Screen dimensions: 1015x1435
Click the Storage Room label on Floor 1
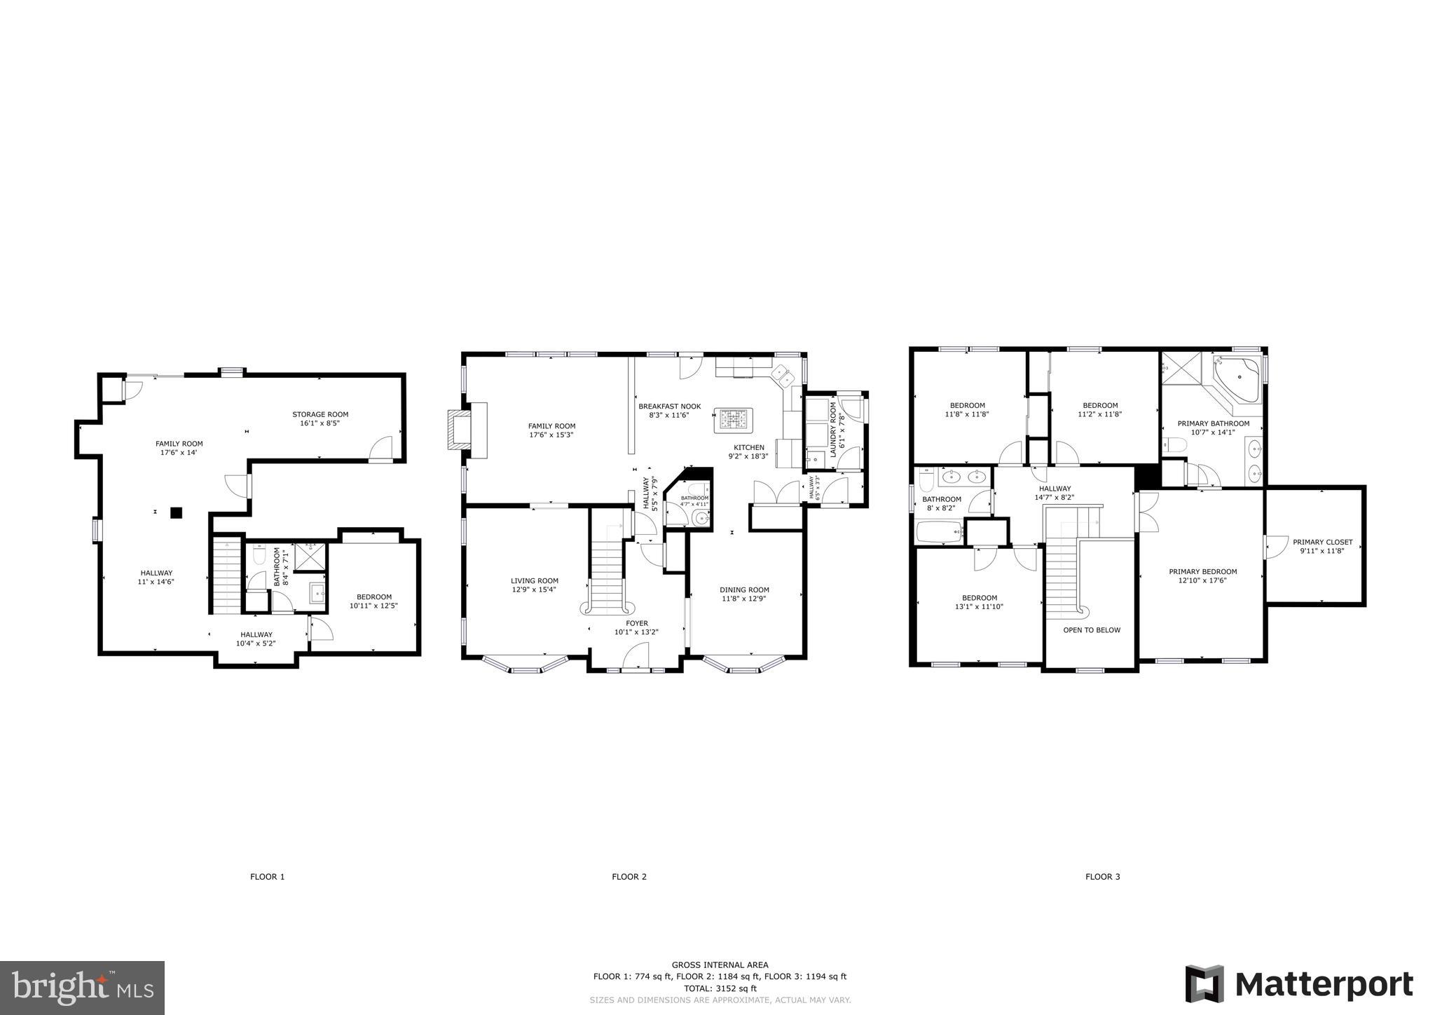point(320,414)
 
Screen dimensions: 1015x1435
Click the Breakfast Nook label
point(669,406)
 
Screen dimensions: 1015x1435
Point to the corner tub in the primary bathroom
point(1238,379)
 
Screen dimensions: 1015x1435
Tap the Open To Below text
point(1092,630)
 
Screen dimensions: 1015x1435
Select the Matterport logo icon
point(1204,983)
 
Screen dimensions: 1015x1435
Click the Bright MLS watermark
point(83,987)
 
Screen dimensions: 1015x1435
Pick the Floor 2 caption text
point(629,876)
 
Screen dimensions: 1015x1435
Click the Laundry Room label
point(833,429)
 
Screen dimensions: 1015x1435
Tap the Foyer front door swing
point(635,657)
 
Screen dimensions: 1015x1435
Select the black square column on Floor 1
point(177,512)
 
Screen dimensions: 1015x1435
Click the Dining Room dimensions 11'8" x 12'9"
point(744,599)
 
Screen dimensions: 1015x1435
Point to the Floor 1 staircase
point(227,575)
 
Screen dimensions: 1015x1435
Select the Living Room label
point(535,580)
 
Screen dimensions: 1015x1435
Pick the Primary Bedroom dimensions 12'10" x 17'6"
point(1202,580)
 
